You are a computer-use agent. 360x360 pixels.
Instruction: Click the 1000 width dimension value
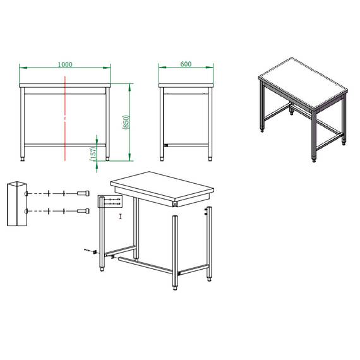click(65, 64)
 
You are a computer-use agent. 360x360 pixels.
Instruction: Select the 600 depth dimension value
click(186, 64)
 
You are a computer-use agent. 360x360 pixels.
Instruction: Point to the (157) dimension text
click(92, 154)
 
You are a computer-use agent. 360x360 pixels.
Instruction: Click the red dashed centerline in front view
click(65, 117)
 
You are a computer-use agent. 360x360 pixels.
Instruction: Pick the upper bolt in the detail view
click(83, 193)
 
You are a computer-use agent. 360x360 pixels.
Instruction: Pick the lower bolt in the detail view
click(83, 210)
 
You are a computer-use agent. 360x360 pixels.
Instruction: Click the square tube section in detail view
click(16, 204)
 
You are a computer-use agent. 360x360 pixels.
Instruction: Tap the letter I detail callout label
click(120, 217)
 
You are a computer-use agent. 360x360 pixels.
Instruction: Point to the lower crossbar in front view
click(65, 145)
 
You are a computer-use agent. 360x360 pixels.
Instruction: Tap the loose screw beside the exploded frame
click(87, 251)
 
